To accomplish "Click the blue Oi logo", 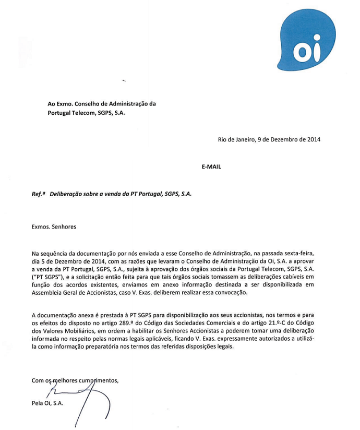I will (x=306, y=40).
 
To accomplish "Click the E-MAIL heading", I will (x=211, y=167).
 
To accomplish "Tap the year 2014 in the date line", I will (x=313, y=139).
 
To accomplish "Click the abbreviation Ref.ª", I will (x=38, y=194).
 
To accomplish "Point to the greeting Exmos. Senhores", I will (x=54, y=226).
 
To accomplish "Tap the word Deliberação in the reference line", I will (x=67, y=194).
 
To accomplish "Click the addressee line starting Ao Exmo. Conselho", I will (x=102, y=104).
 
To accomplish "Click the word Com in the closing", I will (x=38, y=380).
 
